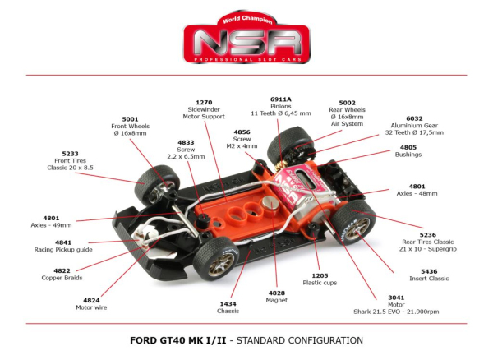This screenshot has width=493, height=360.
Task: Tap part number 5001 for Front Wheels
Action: [130, 118]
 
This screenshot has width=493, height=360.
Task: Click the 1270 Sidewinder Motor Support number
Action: [204, 103]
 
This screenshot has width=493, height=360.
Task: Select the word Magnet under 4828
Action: [277, 301]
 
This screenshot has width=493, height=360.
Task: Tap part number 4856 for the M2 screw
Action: [242, 132]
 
